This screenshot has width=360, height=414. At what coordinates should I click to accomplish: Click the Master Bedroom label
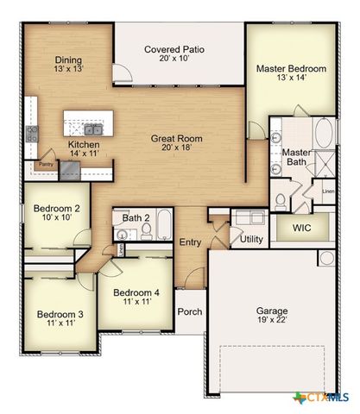point(290,67)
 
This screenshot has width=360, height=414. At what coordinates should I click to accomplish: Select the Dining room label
point(68,59)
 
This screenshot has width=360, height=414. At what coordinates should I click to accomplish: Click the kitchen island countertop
point(89,116)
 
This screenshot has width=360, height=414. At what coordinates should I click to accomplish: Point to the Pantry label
point(47,162)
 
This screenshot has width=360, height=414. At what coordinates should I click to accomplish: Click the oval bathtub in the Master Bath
point(323,134)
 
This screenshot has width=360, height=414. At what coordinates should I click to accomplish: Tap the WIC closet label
point(301,229)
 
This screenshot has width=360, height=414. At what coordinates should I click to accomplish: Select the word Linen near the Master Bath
point(328,191)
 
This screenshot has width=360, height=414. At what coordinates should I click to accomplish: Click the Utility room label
point(252,239)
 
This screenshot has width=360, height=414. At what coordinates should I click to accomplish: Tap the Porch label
point(189,311)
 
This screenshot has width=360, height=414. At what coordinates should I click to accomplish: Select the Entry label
point(189,242)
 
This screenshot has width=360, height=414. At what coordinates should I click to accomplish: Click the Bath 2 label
point(136,218)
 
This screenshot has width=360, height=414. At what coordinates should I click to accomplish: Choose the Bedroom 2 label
point(57,209)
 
